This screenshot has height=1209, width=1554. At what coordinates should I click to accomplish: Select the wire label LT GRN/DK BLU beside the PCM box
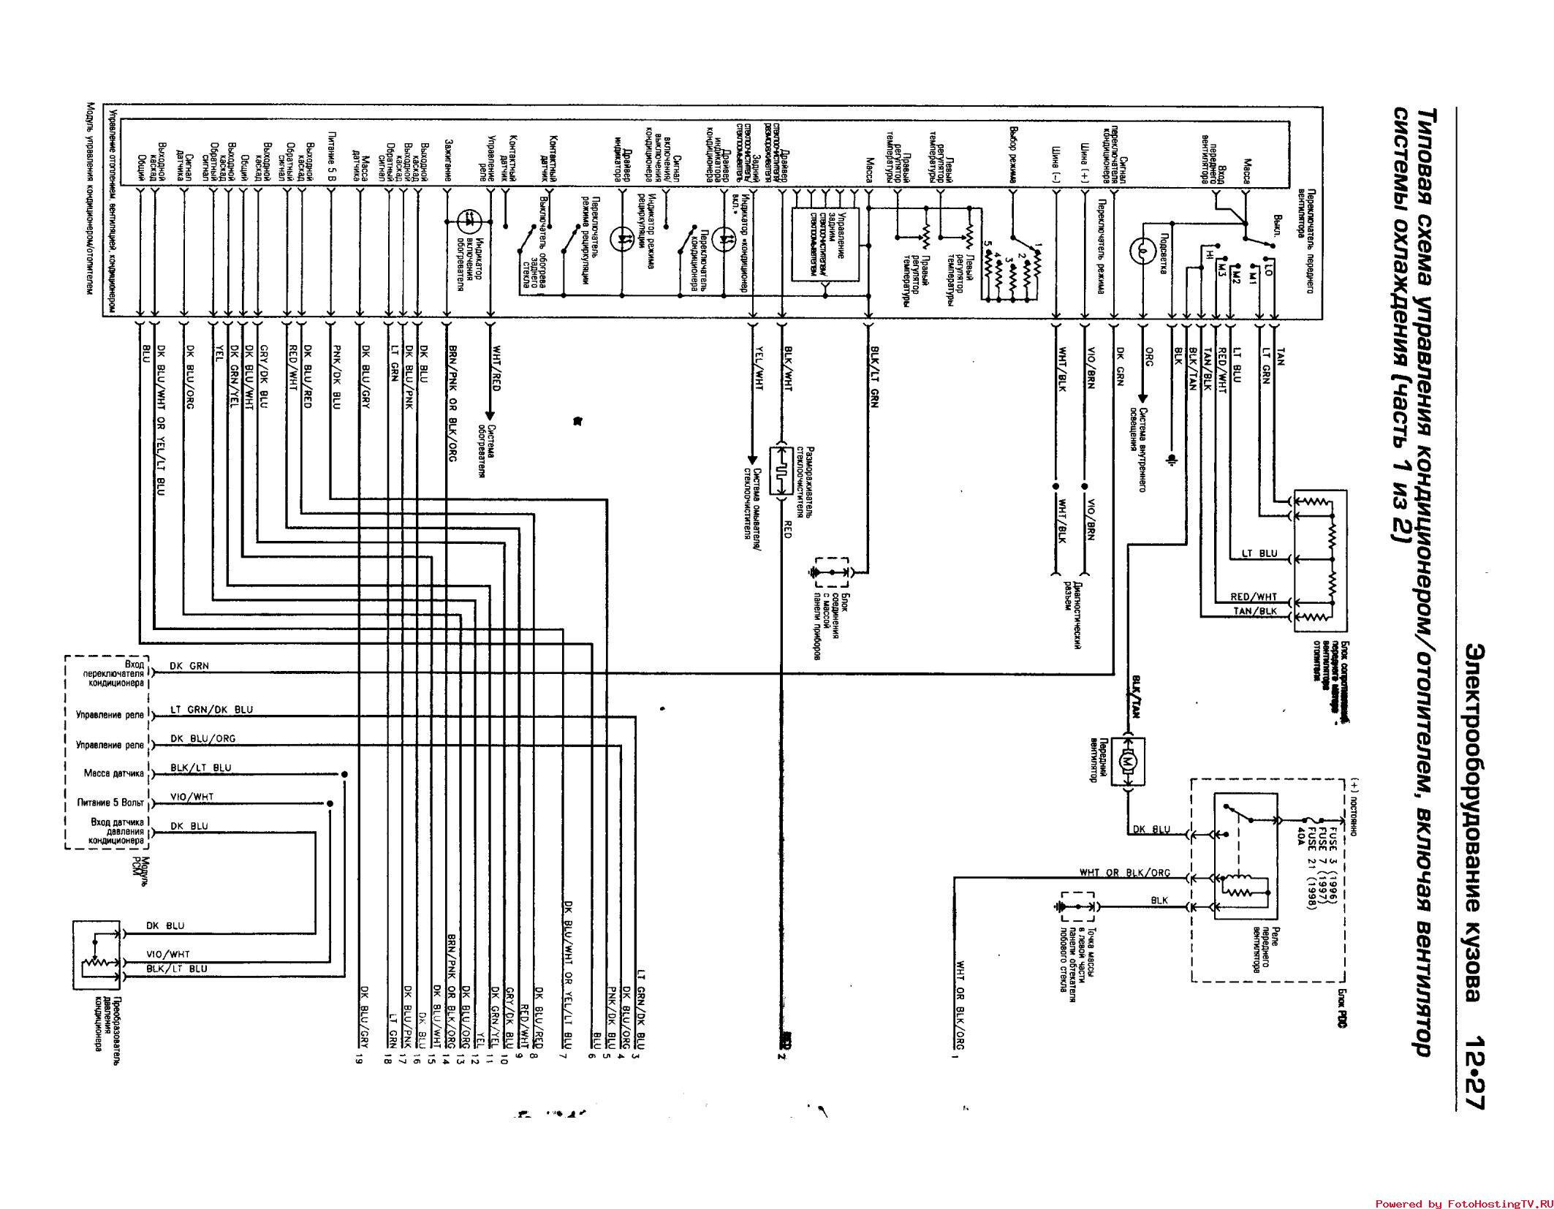(x=211, y=710)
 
